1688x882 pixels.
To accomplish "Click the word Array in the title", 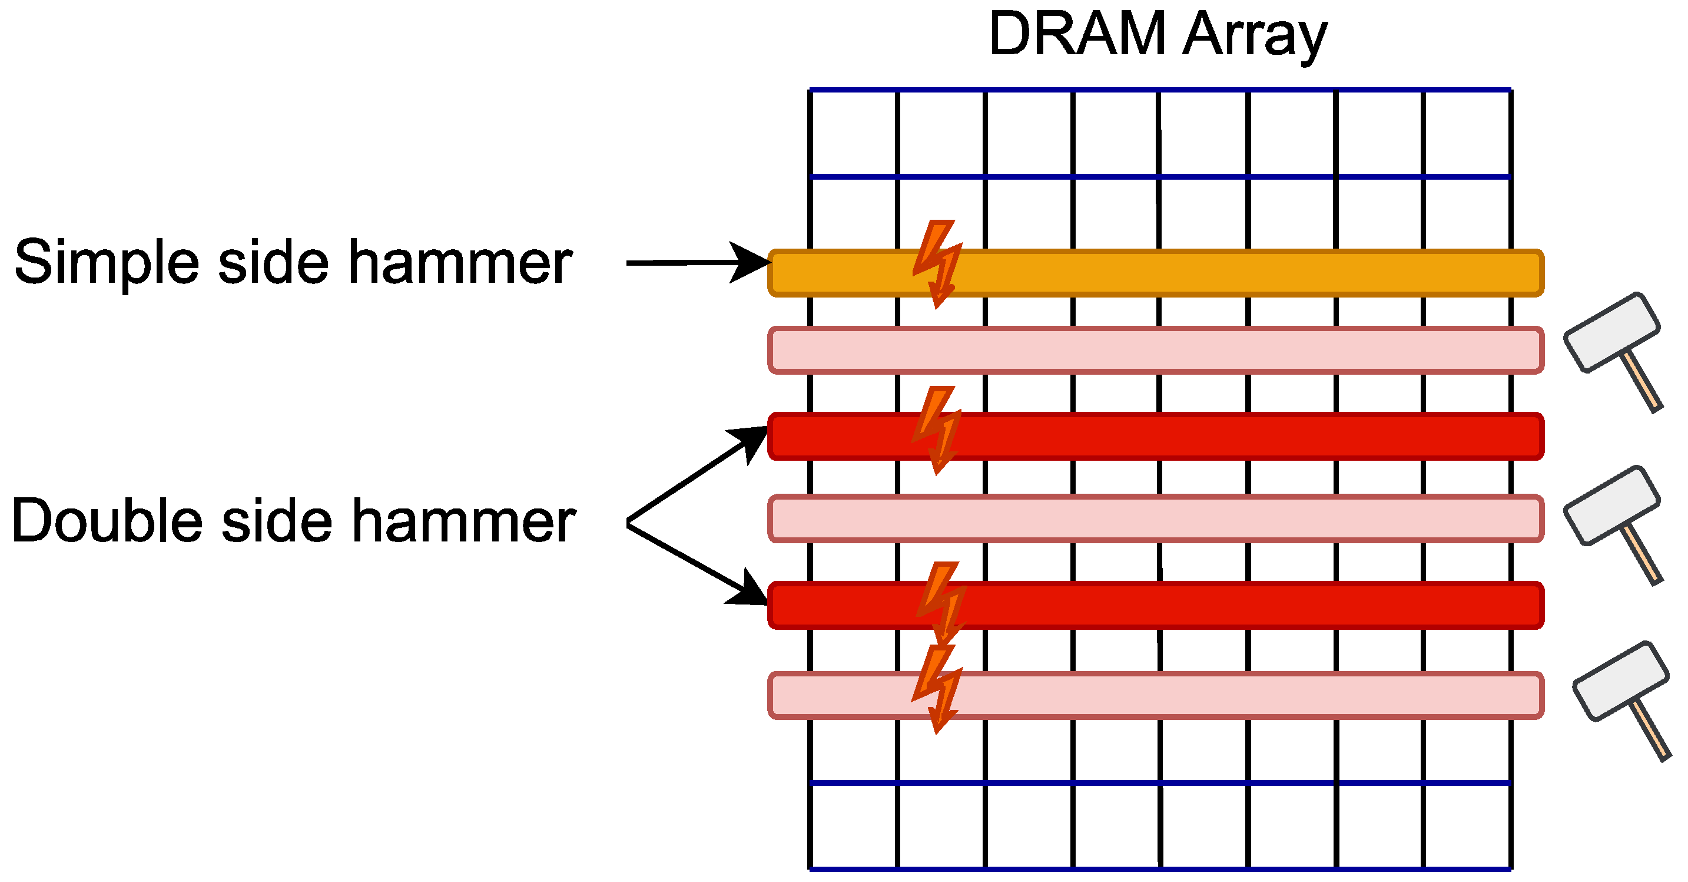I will (1255, 36).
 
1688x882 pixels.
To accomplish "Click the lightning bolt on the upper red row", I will (938, 430).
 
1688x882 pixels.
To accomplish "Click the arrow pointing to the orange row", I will (695, 262).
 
